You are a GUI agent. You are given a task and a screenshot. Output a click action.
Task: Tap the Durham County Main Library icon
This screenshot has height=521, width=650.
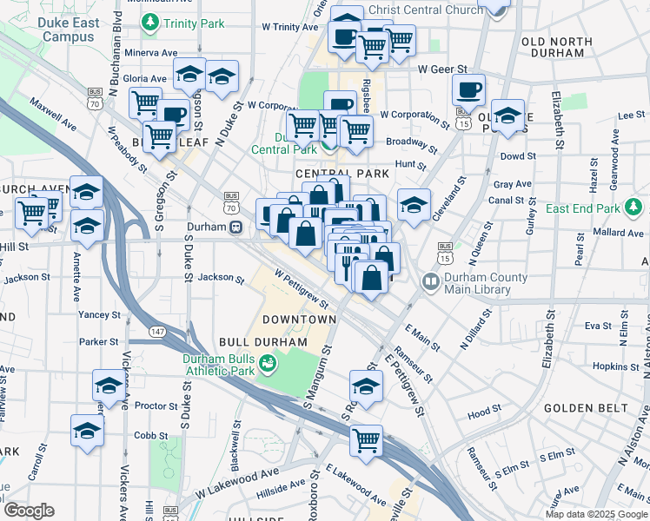(430, 281)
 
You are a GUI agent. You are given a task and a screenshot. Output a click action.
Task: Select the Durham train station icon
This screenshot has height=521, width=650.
(235, 228)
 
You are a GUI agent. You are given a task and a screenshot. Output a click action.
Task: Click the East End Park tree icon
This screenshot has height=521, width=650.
(635, 208)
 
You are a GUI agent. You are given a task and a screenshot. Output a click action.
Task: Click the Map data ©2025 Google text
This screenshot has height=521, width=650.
(596, 514)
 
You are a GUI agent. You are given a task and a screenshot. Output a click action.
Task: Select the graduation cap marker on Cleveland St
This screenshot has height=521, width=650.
(415, 205)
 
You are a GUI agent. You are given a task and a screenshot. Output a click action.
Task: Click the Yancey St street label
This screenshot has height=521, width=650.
(98, 314)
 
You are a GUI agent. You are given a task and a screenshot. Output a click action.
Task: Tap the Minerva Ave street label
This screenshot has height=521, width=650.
(151, 53)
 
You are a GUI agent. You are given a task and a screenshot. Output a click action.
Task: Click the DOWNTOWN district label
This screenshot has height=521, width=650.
(299, 320)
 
